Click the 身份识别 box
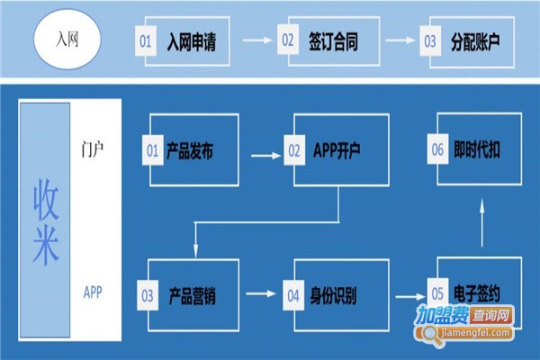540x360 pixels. pos(337,294)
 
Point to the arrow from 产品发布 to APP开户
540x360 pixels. pos(265,154)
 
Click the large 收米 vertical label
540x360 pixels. pos(45,220)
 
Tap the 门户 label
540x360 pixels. pos(92,145)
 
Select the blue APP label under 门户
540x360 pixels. pos(93,292)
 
